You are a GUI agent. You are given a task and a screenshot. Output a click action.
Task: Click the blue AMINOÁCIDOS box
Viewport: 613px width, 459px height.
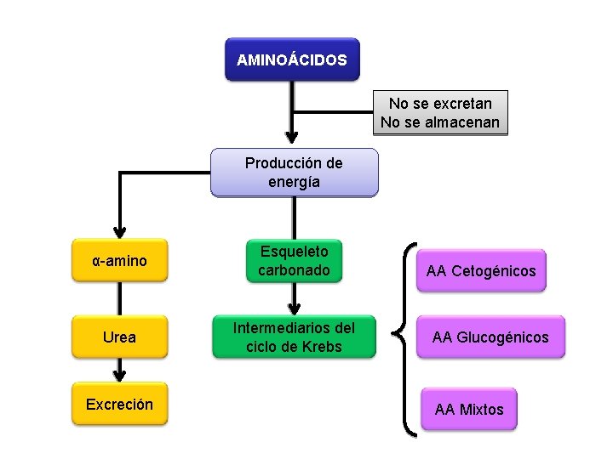click(x=292, y=59)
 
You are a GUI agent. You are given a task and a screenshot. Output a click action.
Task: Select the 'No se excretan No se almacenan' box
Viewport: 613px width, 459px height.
click(x=439, y=113)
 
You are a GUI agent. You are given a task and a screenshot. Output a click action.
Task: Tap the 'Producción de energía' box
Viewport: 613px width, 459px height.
click(x=294, y=173)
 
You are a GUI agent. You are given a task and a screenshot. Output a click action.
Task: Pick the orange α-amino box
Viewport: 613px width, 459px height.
click(x=119, y=261)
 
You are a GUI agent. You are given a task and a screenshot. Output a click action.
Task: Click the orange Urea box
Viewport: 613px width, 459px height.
click(x=119, y=337)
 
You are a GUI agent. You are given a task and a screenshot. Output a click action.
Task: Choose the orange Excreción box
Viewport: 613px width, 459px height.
click(x=119, y=405)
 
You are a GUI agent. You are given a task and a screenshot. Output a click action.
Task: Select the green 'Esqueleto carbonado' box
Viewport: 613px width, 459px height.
click(x=294, y=261)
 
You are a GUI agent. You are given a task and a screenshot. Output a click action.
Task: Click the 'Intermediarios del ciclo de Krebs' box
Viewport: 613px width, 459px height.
click(x=294, y=337)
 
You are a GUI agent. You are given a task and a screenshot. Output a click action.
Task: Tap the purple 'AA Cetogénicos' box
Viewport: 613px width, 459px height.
click(x=481, y=271)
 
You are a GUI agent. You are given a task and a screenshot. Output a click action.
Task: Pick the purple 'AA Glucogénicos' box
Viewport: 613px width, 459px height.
click(x=490, y=337)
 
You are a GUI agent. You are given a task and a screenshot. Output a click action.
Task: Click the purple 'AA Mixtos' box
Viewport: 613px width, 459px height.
click(x=469, y=410)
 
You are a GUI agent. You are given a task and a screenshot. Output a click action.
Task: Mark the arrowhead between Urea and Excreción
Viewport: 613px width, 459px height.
click(x=119, y=374)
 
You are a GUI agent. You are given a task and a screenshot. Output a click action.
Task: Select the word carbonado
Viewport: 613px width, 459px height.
click(x=294, y=270)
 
